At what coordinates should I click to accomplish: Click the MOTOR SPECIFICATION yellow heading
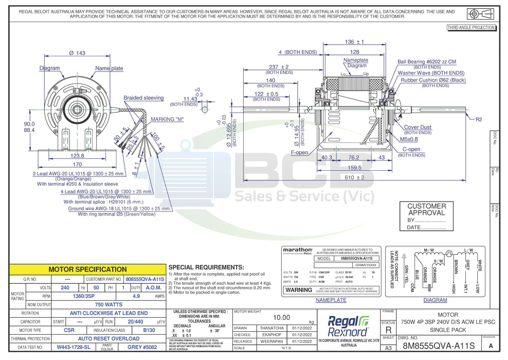pos(87,269)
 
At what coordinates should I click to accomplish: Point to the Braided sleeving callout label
pos(143,98)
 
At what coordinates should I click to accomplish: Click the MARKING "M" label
pos(167,119)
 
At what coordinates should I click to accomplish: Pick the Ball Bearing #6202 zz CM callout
pos(427,62)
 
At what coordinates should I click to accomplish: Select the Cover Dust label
pos(418,127)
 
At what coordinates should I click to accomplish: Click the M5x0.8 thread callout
pos(409,138)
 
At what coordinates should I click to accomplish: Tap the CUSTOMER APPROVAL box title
pos(426,209)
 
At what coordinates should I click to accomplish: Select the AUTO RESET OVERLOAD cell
pos(108,339)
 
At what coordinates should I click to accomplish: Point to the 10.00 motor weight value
pos(282,318)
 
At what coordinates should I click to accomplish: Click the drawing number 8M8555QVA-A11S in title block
pos(440,346)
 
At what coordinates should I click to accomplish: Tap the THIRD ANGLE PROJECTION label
pos(471,28)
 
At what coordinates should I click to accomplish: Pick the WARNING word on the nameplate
pos(298,290)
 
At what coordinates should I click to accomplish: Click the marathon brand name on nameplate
pos(298,249)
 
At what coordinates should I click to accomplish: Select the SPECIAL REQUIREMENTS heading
pos(206,267)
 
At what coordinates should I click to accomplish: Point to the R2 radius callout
pos(478,119)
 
